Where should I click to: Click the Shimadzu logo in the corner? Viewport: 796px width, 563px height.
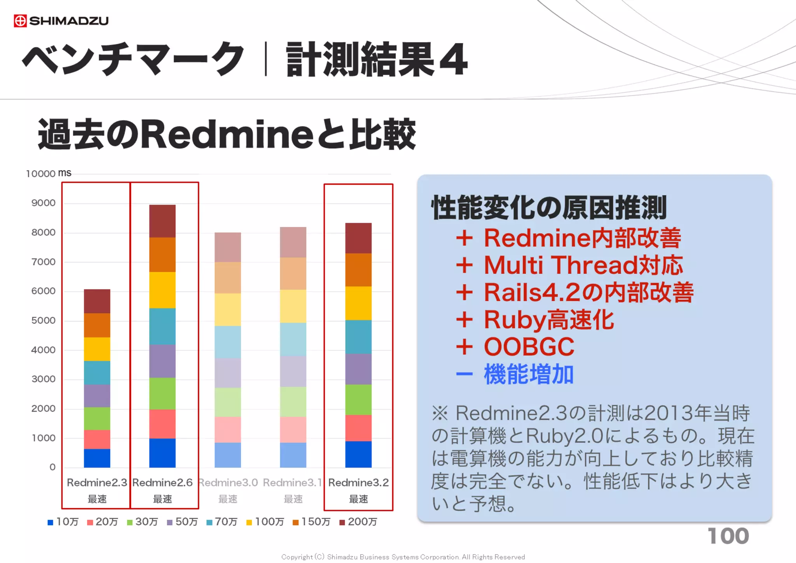(61, 21)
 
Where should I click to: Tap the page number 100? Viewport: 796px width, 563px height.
(728, 536)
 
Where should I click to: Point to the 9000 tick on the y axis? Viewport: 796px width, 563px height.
(43, 203)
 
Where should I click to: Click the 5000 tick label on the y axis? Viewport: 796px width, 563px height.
(43, 320)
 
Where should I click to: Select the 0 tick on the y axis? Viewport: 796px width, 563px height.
(52, 467)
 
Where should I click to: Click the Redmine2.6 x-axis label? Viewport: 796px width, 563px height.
(162, 483)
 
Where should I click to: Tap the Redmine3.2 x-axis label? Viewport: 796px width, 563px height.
(358, 483)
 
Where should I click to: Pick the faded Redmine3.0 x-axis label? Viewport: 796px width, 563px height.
(228, 483)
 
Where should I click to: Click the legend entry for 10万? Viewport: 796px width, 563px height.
(63, 522)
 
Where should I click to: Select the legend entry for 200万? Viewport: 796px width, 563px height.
(358, 522)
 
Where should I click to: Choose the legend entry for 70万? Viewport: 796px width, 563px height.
(222, 522)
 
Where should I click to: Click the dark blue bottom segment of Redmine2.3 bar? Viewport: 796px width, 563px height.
(97, 458)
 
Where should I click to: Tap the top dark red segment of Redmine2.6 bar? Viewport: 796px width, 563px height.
(162, 221)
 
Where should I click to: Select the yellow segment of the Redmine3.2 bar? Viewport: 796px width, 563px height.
(358, 303)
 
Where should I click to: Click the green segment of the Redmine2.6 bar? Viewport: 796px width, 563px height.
(162, 393)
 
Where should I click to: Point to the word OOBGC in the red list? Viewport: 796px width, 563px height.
(529, 346)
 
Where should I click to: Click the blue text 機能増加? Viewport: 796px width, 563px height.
(529, 374)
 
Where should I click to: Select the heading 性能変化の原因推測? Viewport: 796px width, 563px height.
(549, 208)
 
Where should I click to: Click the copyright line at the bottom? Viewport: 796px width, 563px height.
(403, 557)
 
